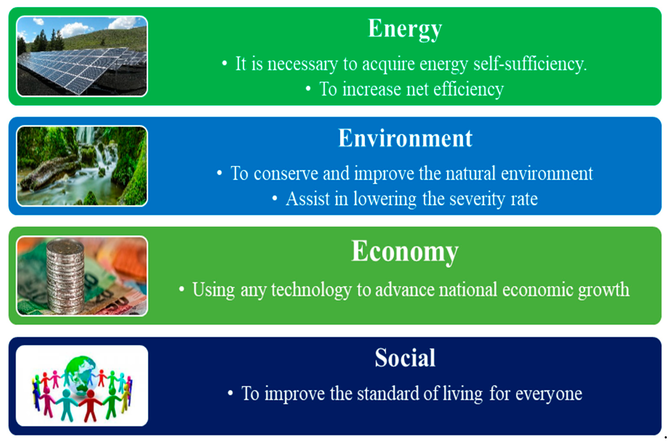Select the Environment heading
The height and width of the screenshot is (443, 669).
[x=405, y=138]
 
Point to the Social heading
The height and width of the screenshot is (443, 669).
[x=405, y=358]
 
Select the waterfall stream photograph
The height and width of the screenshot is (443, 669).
[x=82, y=166]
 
